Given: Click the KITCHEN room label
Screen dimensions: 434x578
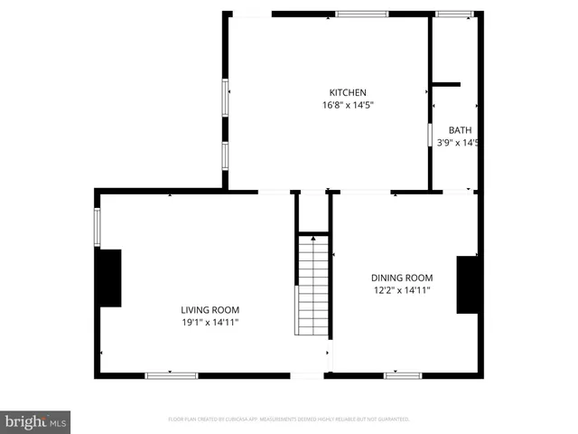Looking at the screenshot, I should click(348, 92).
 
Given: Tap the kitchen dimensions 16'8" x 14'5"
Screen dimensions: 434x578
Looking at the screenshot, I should click(348, 106).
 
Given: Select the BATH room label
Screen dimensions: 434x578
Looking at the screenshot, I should click(460, 130).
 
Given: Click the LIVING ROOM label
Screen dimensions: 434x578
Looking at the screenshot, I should click(210, 309).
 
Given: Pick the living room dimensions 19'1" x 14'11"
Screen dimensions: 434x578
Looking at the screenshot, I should click(210, 322).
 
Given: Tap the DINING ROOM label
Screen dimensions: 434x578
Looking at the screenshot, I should click(402, 278).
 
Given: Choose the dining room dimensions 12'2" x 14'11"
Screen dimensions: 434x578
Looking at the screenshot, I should click(402, 290).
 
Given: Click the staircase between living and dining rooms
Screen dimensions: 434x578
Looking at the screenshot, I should click(312, 284).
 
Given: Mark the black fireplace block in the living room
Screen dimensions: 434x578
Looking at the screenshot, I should click(109, 278).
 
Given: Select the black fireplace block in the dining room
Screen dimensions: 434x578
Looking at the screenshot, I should click(467, 285).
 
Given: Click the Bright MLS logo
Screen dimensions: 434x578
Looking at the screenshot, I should click(36, 421).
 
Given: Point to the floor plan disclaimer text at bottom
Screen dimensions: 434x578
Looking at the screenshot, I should click(289, 420).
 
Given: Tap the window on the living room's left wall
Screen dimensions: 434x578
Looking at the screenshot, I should click(98, 227).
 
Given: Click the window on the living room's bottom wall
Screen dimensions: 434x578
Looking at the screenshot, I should click(172, 375).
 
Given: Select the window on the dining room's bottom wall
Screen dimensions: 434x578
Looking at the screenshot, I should click(403, 375).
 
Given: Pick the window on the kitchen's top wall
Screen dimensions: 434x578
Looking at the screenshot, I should click(362, 14).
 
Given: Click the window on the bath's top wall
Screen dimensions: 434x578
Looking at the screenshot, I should click(454, 14).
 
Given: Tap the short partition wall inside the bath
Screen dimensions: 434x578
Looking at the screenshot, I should click(446, 85).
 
